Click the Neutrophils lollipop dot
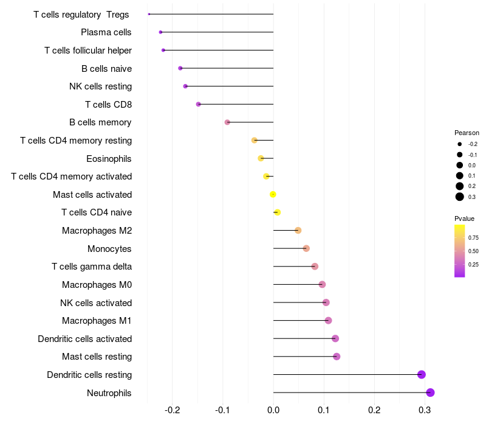(430, 393)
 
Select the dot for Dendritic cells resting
(422, 374)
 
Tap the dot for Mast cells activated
(273, 194)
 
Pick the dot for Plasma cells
(160, 32)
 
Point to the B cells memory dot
(227, 122)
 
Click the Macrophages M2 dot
(298, 230)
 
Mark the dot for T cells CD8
(198, 104)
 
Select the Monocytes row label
(109, 248)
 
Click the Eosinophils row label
(109, 158)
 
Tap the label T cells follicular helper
(88, 50)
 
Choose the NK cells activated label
(96, 302)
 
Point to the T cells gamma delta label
(92, 267)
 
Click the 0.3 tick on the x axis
(425, 410)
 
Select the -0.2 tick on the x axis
(173, 410)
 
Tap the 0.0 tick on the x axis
(273, 410)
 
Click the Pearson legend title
(467, 133)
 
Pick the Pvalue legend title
(464, 218)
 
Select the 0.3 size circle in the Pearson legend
(460, 197)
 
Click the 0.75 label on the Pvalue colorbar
(473, 237)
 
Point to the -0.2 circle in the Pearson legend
(460, 144)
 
